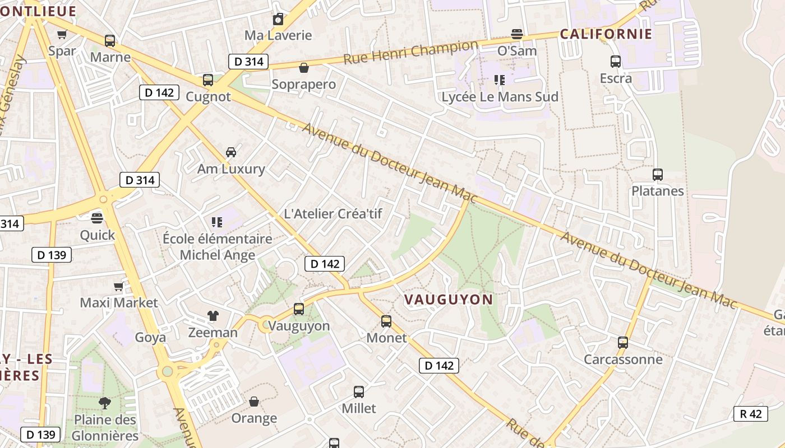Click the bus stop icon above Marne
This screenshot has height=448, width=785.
pos(110,40)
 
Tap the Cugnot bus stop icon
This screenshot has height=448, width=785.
pos(208,80)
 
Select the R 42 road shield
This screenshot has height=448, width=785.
pos(750,414)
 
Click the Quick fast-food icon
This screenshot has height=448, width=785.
pos(98,218)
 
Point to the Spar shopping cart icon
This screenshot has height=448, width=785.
pos(62,34)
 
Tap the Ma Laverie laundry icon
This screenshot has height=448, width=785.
pos(278,20)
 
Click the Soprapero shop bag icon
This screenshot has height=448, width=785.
pos(304,68)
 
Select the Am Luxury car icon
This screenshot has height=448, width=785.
pos(230,152)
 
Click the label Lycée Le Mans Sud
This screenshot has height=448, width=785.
pos(500,97)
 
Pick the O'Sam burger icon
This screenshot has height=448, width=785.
pos(517,34)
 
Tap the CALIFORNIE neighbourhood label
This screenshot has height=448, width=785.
pos(606,34)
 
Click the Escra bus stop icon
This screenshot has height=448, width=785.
pos(616,62)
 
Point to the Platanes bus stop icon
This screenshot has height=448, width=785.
pos(658,175)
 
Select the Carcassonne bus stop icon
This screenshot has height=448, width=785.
pos(623,342)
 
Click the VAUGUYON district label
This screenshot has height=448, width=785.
pos(448,300)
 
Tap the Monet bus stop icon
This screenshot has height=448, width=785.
pos(386,321)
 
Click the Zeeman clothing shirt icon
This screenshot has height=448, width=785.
pos(213,316)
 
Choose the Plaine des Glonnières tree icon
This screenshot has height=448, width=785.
pos(104,403)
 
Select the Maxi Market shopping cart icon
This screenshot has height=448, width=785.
pos(118,287)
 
